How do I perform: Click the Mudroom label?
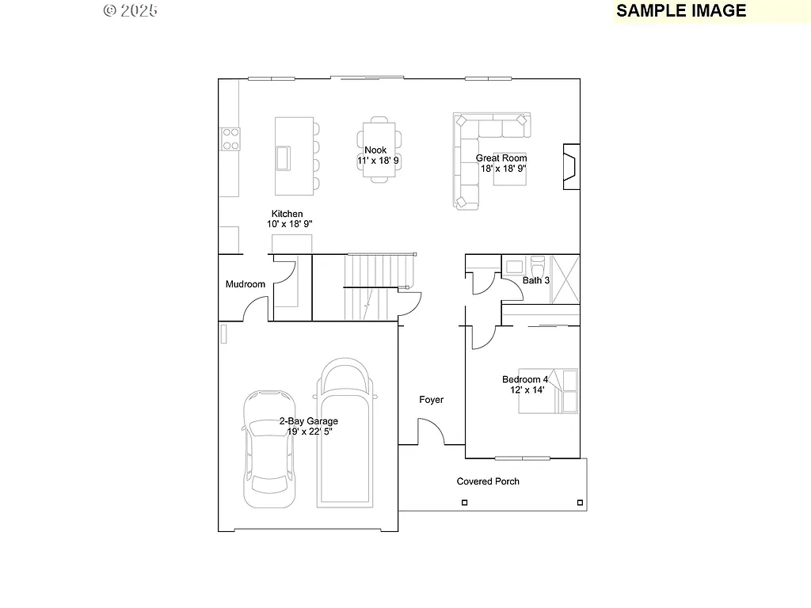click(246, 284)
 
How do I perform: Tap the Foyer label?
click(432, 400)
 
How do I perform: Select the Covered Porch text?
click(488, 481)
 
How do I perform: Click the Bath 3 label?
click(536, 280)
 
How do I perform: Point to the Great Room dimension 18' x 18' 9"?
click(503, 169)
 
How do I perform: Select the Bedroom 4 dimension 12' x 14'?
click(527, 390)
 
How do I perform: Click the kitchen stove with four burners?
click(230, 139)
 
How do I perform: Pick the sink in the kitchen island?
click(283, 158)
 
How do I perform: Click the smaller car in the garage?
click(269, 448)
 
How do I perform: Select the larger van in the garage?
click(345, 432)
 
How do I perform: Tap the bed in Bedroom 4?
click(548, 391)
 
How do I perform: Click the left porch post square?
click(465, 503)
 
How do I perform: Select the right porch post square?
click(581, 503)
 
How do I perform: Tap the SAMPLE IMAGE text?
click(681, 10)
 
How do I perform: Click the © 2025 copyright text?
click(131, 10)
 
